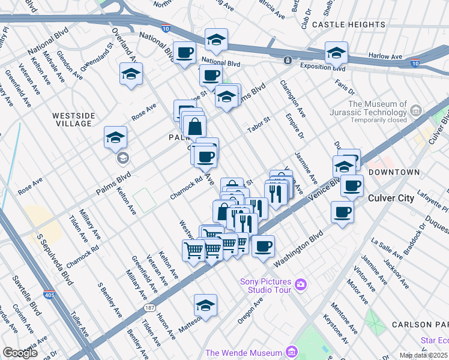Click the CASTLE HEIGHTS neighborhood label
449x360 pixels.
click(x=349, y=25)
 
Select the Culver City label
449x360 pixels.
click(x=396, y=197)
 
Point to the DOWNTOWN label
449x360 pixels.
click(x=394, y=172)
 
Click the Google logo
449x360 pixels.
click(x=20, y=353)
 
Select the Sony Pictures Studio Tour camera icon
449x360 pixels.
click(x=301, y=283)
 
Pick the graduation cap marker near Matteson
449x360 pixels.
click(x=205, y=305)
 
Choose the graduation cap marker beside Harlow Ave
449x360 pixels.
click(x=336, y=53)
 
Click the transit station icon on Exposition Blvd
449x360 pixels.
click(x=288, y=60)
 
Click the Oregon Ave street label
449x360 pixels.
click(x=251, y=311)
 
